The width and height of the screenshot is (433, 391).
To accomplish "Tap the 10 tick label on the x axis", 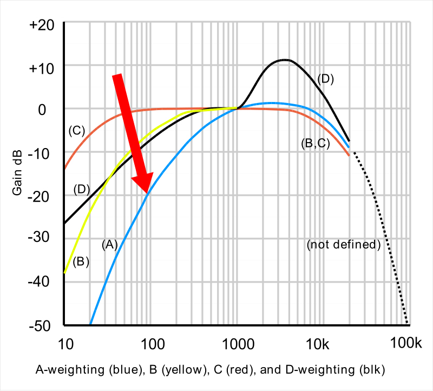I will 65,344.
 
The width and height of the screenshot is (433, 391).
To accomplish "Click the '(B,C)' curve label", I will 315,144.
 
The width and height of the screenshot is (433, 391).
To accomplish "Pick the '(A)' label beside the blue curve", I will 109,245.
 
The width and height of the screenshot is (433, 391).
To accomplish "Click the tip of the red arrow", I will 147,193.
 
